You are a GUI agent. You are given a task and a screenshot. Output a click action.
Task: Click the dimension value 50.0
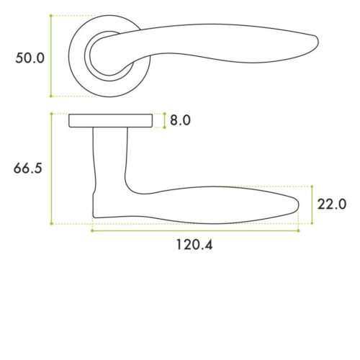pyautogui.click(x=30, y=58)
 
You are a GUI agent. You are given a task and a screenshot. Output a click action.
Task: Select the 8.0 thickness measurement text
pyautogui.click(x=179, y=120)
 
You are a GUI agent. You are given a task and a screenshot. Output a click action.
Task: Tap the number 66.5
pyautogui.click(x=28, y=168)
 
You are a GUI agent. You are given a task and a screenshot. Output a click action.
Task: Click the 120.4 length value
pyautogui.click(x=194, y=245)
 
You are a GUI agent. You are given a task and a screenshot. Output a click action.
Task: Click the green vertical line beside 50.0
pyautogui.click(x=51, y=56)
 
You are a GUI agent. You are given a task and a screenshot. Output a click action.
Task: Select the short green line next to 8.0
pyautogui.click(x=165, y=120)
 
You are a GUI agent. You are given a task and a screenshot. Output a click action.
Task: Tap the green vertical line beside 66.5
pyautogui.click(x=52, y=168)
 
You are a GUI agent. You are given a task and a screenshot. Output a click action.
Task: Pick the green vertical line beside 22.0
pyautogui.click(x=311, y=204)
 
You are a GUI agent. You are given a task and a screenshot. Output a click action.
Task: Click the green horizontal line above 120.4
pyautogui.click(x=195, y=230)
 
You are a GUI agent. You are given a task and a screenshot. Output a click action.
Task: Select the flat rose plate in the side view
pyautogui.click(x=111, y=120)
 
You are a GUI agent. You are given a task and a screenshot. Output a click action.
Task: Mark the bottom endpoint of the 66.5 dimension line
pyautogui.click(x=52, y=224)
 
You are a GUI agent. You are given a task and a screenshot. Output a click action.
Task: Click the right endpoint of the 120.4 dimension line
pyautogui.click(x=298, y=230)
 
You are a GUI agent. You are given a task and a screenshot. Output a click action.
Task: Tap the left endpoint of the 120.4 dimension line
pyautogui.click(x=92, y=230)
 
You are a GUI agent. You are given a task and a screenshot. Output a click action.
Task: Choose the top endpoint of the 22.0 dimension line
pyautogui.click(x=311, y=186)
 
